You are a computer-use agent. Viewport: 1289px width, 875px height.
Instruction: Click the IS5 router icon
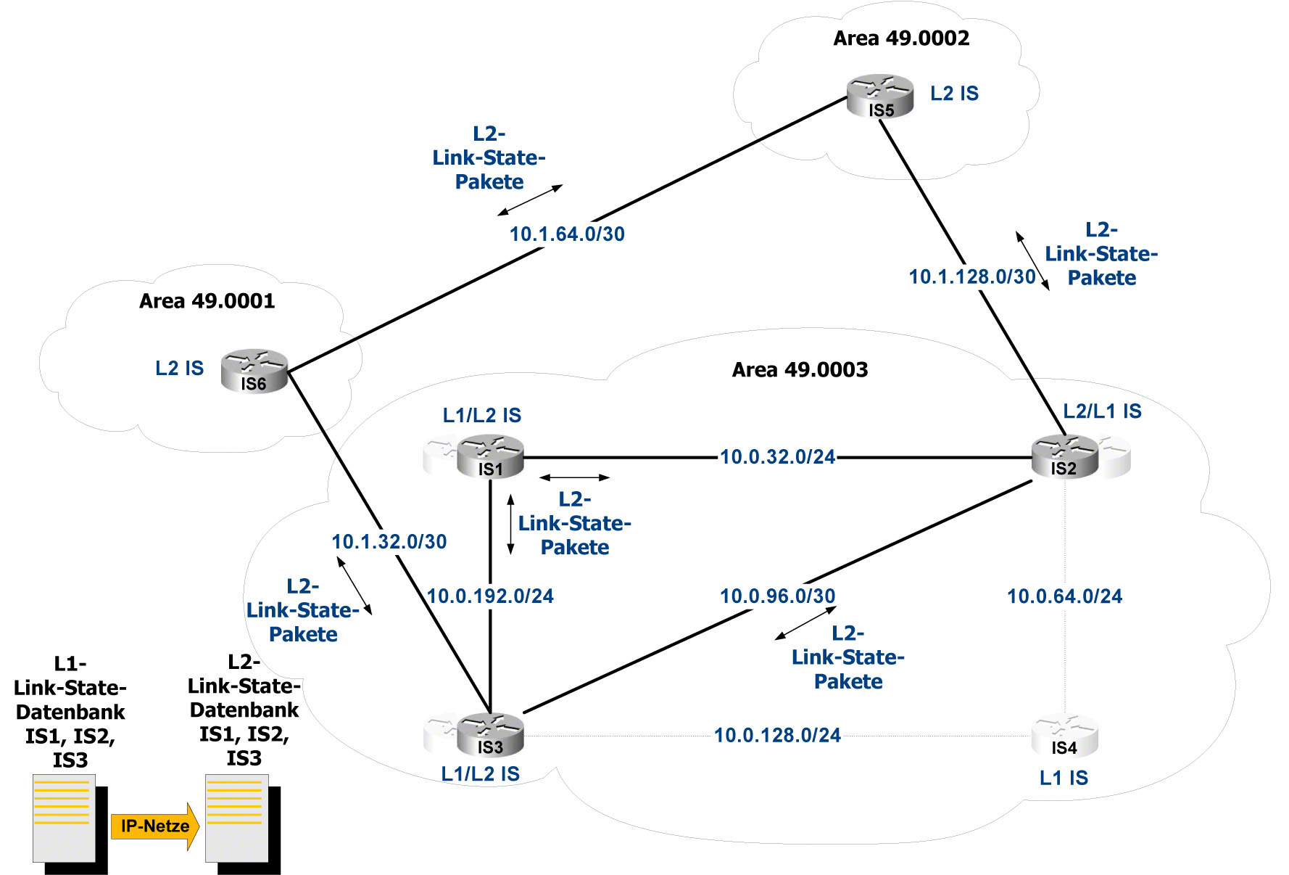(880, 96)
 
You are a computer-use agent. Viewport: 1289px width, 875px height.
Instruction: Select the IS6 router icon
(254, 371)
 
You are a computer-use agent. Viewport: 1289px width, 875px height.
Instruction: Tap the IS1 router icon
(490, 457)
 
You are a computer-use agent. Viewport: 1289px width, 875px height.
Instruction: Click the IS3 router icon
(490, 735)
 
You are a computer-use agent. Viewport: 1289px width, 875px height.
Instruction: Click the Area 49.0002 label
(901, 38)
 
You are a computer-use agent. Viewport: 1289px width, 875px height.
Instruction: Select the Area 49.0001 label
(207, 301)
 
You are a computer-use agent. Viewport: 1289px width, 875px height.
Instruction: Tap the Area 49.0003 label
(800, 370)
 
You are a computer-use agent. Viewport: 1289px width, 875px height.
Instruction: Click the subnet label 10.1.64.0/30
(567, 234)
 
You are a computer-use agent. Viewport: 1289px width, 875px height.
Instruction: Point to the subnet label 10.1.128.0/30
(972, 277)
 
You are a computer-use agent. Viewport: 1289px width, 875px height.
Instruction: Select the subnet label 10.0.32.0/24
(777, 457)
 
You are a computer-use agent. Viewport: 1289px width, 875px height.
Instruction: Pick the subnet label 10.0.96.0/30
(777, 596)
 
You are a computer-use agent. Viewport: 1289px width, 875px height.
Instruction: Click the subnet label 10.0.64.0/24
(1064, 596)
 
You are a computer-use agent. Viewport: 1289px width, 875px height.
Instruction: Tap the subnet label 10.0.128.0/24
(777, 736)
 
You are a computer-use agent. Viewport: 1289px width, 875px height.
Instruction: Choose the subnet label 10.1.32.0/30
(389, 542)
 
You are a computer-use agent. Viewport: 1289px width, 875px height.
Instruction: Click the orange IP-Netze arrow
(154, 826)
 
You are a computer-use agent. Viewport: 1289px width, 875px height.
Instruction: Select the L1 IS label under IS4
(1064, 779)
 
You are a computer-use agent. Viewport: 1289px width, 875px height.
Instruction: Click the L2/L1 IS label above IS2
(1102, 411)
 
